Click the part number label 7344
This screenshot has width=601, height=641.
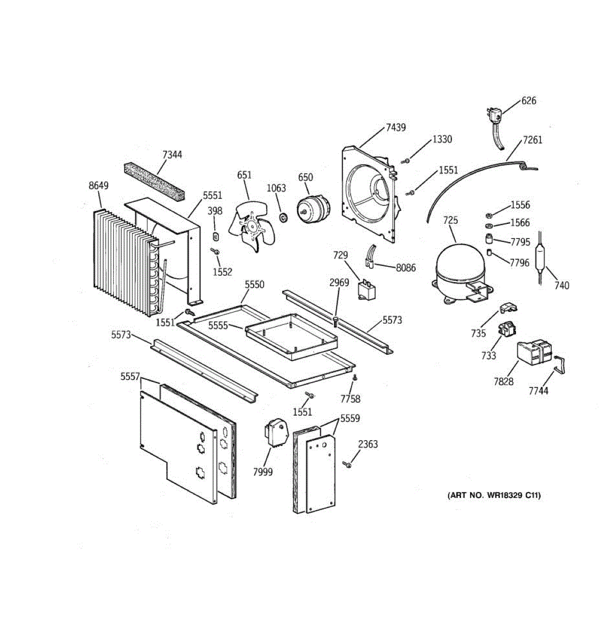click(172, 155)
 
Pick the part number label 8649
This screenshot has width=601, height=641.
click(99, 186)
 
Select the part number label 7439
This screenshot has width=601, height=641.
click(396, 127)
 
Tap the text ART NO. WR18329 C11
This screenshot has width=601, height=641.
click(494, 495)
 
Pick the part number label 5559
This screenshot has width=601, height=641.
click(350, 419)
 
